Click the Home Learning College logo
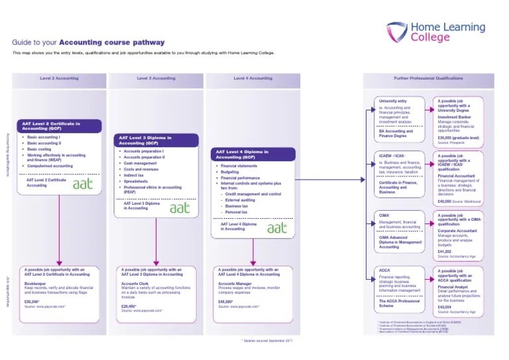pyautogui.click(x=437, y=32)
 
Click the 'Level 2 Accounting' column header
pyautogui.click(x=59, y=78)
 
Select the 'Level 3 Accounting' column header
pyautogui.click(x=156, y=78)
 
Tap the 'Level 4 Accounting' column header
pyautogui.click(x=253, y=78)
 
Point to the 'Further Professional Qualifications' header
pyautogui.click(x=428, y=78)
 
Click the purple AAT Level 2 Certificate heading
pyautogui.click(x=60, y=125)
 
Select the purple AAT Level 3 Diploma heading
pyautogui.click(x=156, y=141)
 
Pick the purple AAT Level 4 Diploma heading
pyautogui.click(x=253, y=154)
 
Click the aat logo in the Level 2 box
pyautogui.click(x=84, y=184)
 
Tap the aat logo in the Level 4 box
pyautogui.click(x=277, y=228)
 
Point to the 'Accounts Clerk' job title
pyautogui.click(x=135, y=283)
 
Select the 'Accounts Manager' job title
pyautogui.click(x=234, y=283)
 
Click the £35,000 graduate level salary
pyautogui.click(x=461, y=138)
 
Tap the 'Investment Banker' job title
pyautogui.click(x=453, y=117)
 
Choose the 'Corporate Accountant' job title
pyautogui.click(x=456, y=230)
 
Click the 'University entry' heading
pyautogui.click(x=392, y=101)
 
